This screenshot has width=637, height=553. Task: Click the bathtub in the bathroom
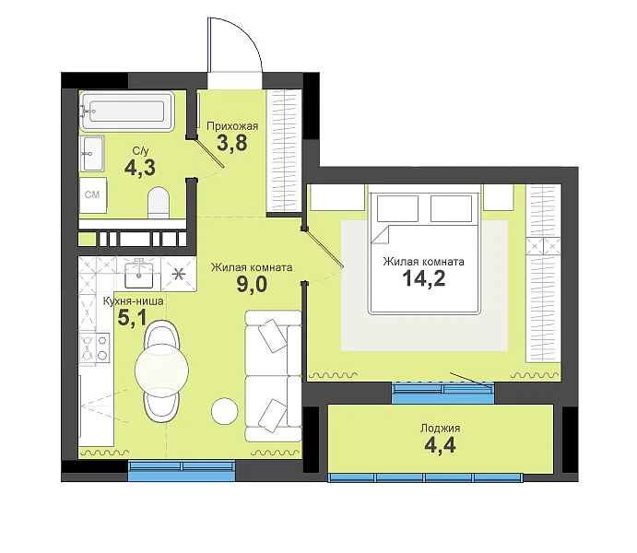tap(127, 112)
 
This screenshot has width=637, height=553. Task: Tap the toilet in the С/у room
tap(158, 203)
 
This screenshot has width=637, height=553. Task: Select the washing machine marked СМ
tap(93, 194)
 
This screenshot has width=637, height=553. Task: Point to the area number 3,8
tap(232, 143)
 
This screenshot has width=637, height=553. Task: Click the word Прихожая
tap(232, 126)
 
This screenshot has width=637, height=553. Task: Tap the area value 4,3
tap(140, 168)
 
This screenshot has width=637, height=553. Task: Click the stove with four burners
tap(95, 347)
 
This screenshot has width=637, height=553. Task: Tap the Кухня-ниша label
tap(134, 301)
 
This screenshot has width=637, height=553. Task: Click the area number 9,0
tap(252, 285)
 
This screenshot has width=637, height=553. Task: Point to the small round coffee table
tap(225, 410)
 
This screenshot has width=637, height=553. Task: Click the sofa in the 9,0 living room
tap(274, 376)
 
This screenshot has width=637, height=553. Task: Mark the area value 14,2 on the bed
tap(424, 278)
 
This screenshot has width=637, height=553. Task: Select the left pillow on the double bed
tap(397, 208)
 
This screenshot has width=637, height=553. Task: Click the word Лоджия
tap(441, 429)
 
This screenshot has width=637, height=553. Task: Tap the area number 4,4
tap(440, 445)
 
